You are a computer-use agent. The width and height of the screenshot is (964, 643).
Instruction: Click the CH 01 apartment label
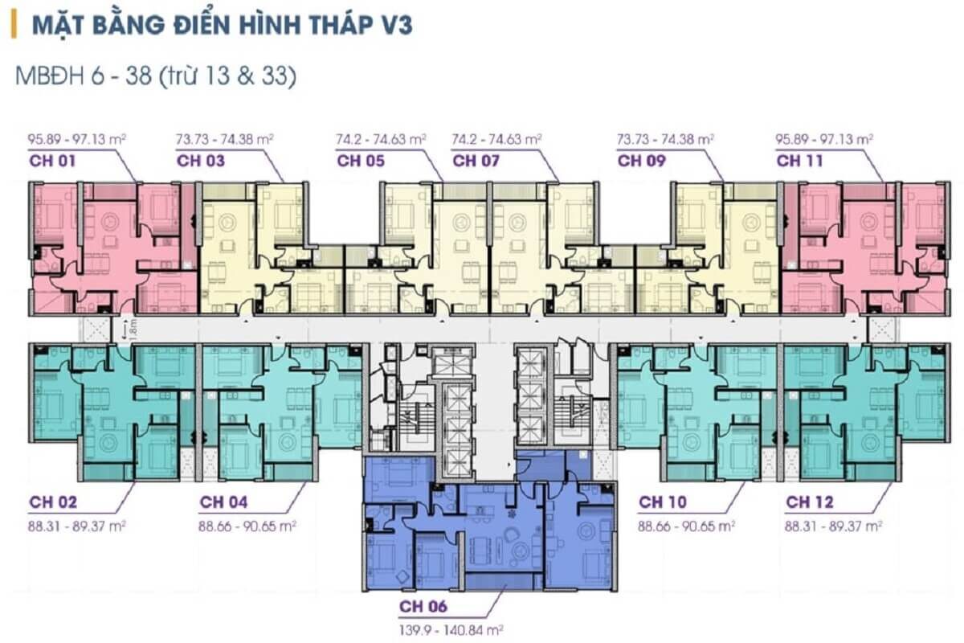(x=52, y=161)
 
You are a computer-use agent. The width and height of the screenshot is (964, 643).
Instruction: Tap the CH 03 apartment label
(x=201, y=161)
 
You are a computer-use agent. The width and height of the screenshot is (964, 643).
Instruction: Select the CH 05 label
(x=361, y=161)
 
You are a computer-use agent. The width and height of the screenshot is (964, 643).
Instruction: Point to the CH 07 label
(x=476, y=161)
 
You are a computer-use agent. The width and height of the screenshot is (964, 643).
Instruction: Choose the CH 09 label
(x=642, y=161)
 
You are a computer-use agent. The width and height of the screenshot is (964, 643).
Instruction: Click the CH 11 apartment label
(x=799, y=161)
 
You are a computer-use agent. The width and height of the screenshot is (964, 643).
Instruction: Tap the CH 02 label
(x=53, y=502)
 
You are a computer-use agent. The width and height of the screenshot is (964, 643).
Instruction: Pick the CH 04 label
(x=224, y=502)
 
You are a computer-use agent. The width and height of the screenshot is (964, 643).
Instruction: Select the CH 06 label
(x=423, y=606)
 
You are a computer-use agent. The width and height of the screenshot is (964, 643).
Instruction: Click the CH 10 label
(x=663, y=502)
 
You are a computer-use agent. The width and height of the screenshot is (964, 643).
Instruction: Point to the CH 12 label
(x=810, y=502)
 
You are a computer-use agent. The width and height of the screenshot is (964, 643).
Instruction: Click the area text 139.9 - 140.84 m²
(x=451, y=630)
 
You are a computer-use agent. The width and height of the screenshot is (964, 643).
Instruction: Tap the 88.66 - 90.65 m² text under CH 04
(x=247, y=526)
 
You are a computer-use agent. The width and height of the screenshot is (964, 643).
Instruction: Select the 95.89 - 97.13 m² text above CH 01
(x=76, y=140)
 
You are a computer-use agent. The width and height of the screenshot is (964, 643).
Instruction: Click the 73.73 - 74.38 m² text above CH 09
(x=665, y=140)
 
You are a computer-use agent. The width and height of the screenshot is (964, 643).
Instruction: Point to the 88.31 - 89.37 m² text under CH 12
(x=833, y=526)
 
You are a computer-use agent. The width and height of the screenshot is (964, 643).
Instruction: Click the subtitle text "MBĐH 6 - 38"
(x=84, y=76)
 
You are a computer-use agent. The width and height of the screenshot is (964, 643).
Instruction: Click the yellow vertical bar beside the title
(x=14, y=25)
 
